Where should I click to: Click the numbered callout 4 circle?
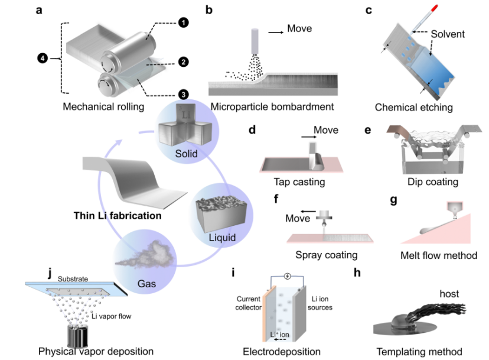pos(41,59)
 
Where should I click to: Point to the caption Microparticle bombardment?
pos(271,107)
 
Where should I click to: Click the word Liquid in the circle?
pos(220,238)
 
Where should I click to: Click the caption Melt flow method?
pos(438,255)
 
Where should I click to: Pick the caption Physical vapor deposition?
pos(96,351)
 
